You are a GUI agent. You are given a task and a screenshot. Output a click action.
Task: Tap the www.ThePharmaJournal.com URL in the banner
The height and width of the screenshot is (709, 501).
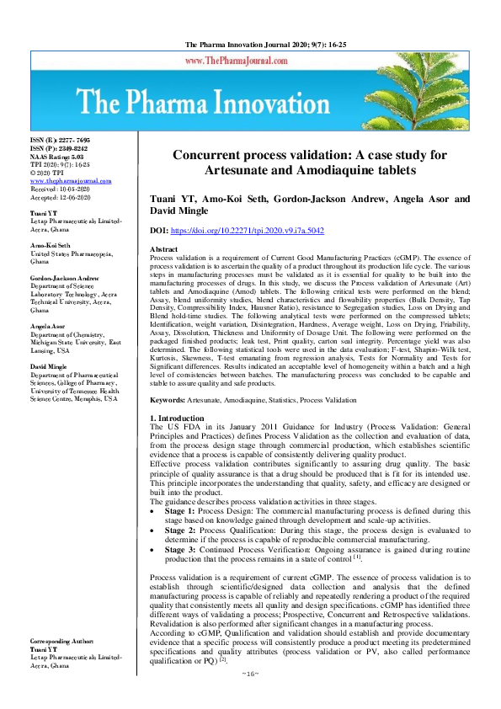point(246,61)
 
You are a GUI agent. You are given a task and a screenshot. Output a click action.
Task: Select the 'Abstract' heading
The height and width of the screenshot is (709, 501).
point(163,250)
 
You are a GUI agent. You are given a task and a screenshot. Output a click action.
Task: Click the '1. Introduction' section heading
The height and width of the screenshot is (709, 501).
point(177,418)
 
